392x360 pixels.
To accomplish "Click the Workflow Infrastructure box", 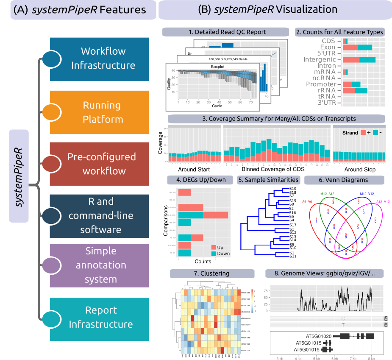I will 99,59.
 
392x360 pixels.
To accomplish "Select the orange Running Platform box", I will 99,112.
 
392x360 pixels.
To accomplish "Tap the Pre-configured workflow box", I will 99,164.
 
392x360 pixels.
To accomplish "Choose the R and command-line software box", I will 99,216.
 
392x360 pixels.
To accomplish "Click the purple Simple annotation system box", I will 99,265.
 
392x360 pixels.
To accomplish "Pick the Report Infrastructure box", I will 99,318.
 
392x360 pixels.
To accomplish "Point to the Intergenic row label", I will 320,60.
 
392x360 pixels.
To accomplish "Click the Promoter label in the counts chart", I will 321,84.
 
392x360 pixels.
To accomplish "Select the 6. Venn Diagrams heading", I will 343,180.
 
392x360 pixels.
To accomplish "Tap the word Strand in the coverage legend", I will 350,133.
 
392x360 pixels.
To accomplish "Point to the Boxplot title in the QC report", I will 217,67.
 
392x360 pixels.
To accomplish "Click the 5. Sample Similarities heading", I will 268,180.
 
